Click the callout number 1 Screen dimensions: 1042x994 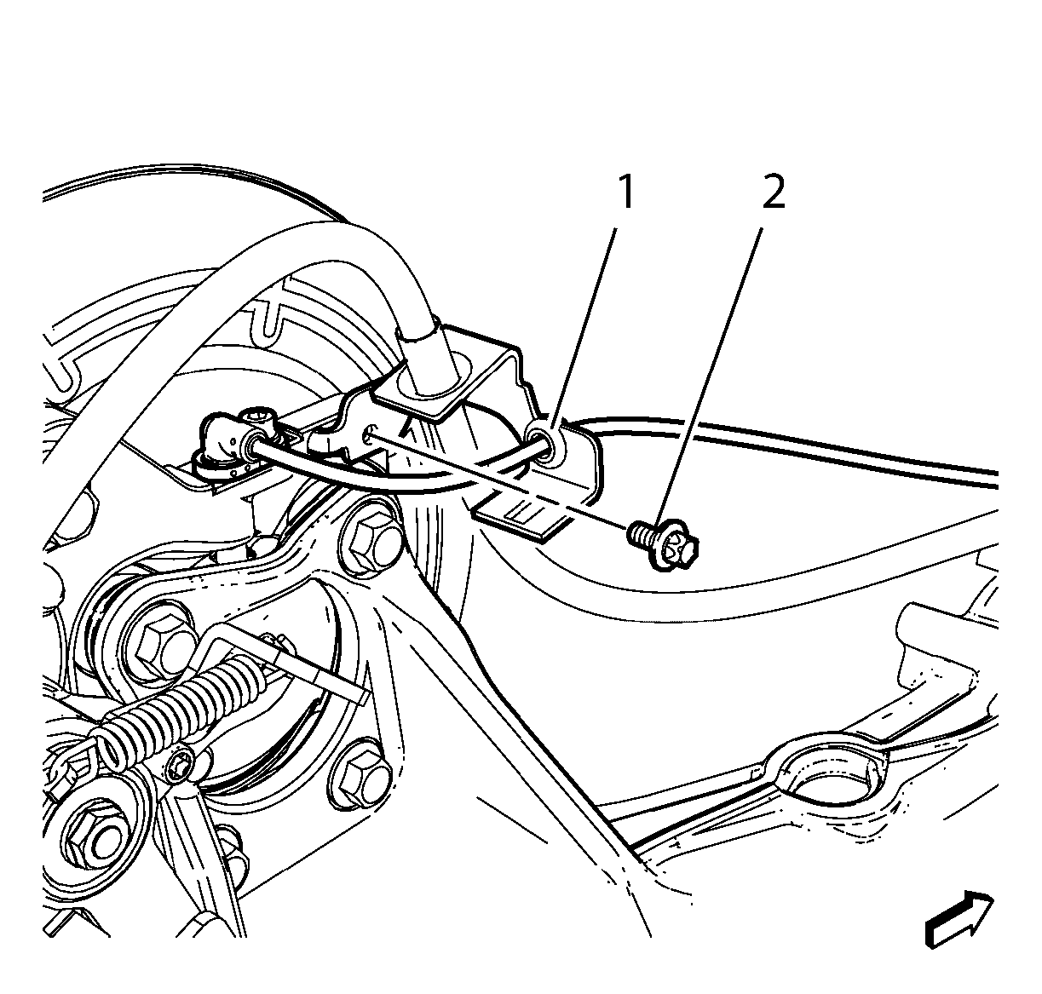click(626, 192)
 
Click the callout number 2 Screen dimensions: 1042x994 click(774, 192)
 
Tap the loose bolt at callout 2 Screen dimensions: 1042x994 click(663, 544)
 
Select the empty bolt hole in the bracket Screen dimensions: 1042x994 click(370, 435)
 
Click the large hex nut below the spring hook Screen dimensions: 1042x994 click(96, 836)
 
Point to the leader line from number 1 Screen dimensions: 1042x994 click(582, 328)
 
